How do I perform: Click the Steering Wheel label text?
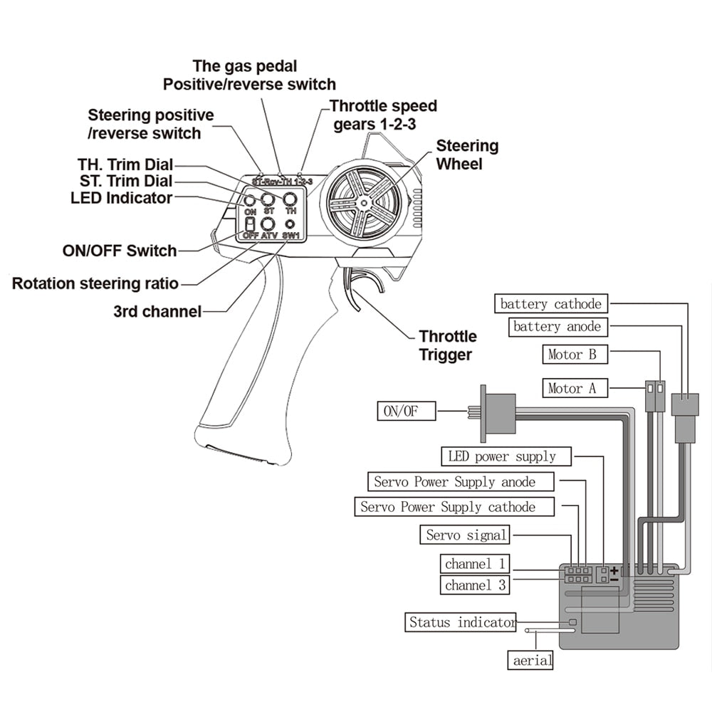pos(467,155)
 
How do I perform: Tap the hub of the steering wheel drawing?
pos(363,203)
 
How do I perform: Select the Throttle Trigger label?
pos(447,345)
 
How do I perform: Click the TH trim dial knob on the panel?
pos(290,199)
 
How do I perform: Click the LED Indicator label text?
pos(121,197)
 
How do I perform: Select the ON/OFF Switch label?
pos(120,251)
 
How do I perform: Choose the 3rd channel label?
pos(157,311)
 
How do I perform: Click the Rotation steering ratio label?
pos(95,283)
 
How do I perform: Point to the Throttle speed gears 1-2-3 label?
pos(384,115)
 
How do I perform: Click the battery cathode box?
pos(551,304)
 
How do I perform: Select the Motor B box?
pos(572,353)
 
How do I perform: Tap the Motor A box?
pos(572,388)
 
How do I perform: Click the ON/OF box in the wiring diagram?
pos(406,411)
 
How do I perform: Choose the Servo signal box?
pos(466,535)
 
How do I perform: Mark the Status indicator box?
pos(461,622)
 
